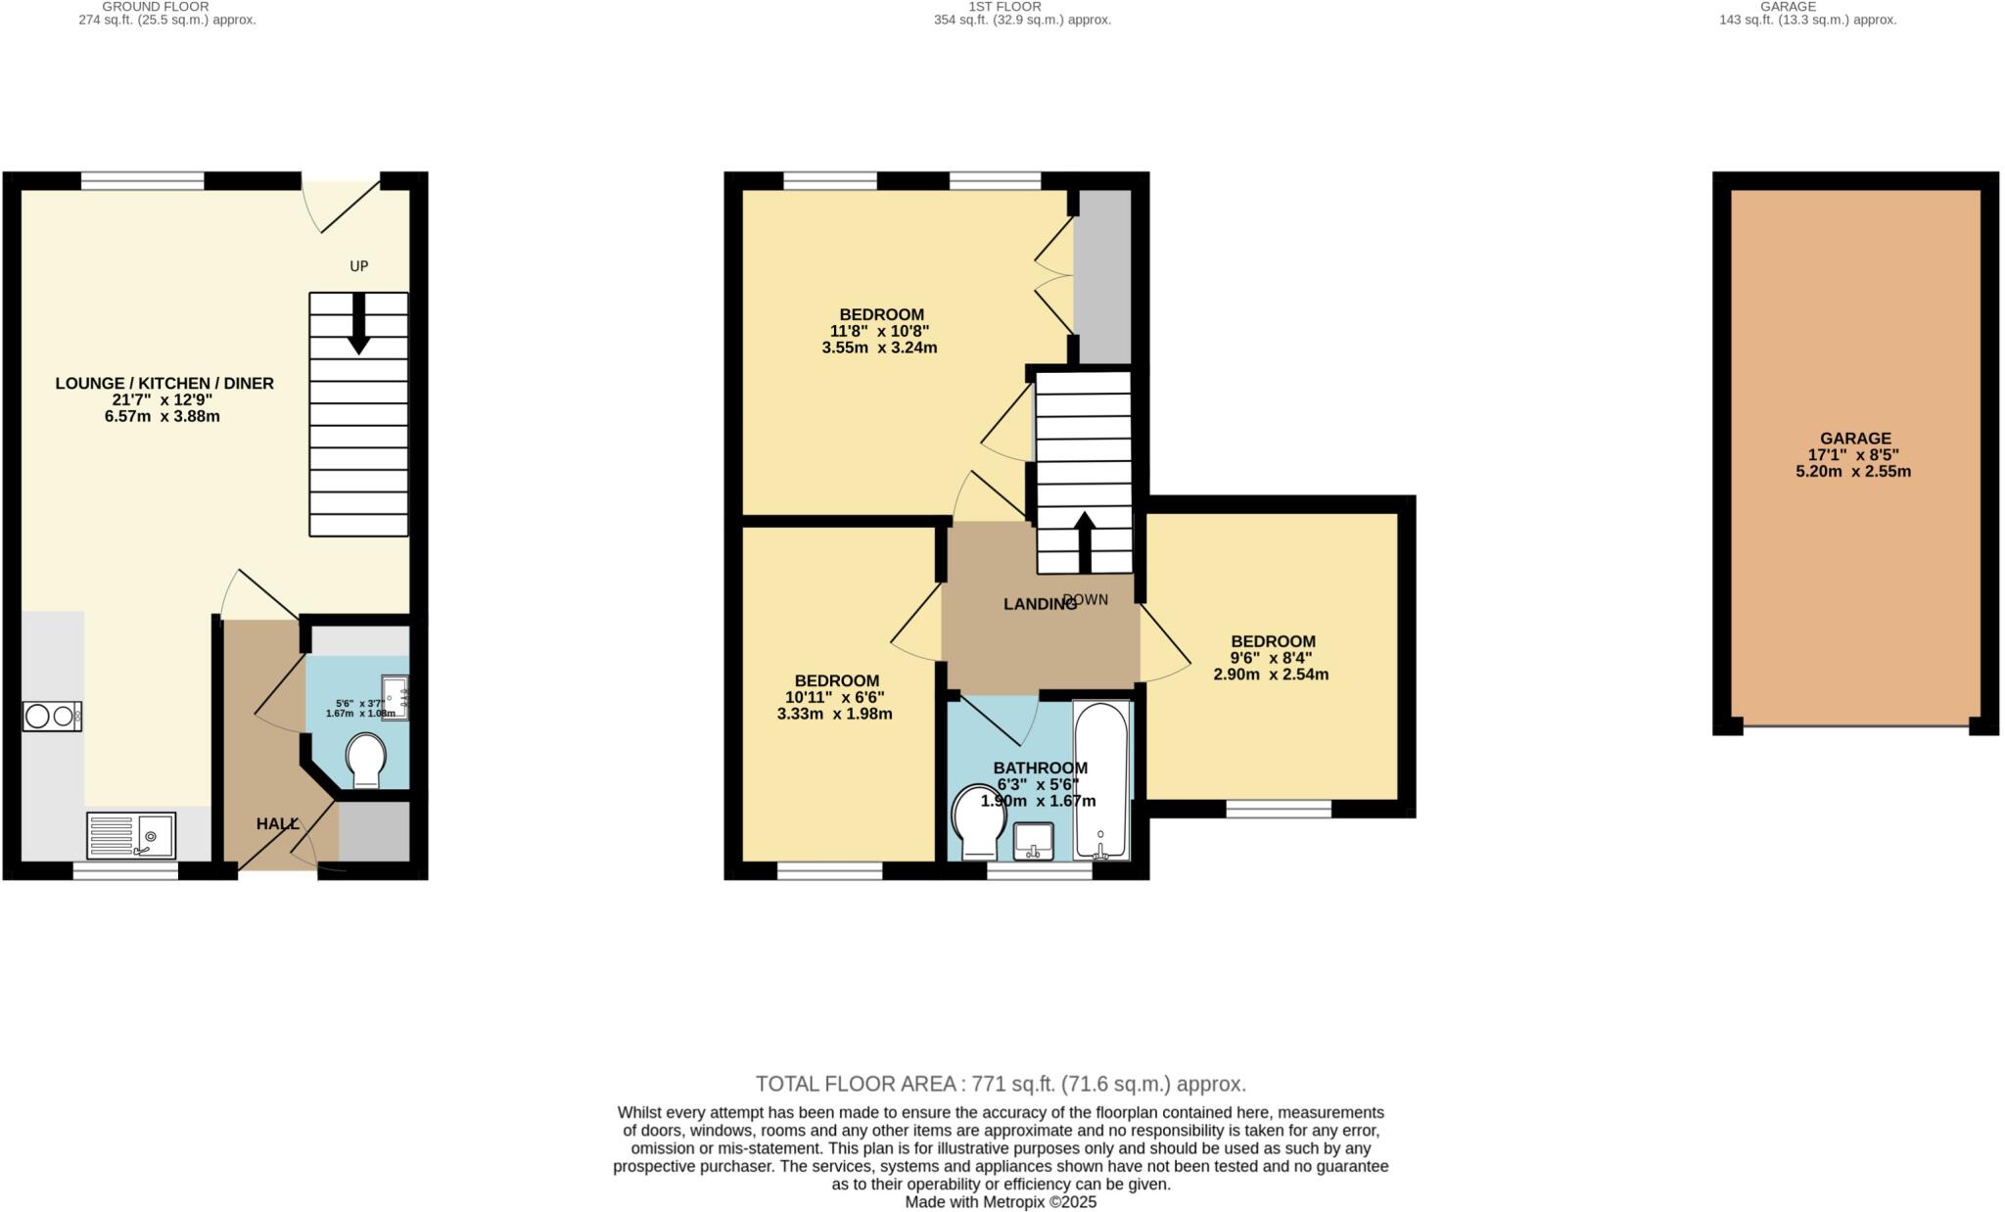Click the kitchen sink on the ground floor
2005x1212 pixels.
pyautogui.click(x=130, y=836)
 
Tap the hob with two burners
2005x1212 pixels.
pyautogui.click(x=52, y=717)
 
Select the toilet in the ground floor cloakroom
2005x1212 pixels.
pyautogui.click(x=366, y=761)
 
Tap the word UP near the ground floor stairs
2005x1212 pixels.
pyautogui.click(x=359, y=266)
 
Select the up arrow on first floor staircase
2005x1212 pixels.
pyautogui.click(x=1085, y=541)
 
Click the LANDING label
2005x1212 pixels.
pyautogui.click(x=1039, y=605)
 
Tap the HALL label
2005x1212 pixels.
pyautogui.click(x=277, y=824)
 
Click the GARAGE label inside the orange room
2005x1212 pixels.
pyautogui.click(x=1855, y=439)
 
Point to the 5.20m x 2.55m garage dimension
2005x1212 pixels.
pyautogui.click(x=1852, y=472)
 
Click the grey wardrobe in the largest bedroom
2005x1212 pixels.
pyautogui.click(x=1102, y=276)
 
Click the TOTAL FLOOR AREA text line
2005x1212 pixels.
pyautogui.click(x=1001, y=1084)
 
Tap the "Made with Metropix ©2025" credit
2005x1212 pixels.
pyautogui.click(x=1001, y=1202)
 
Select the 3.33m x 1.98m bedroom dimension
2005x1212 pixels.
pyautogui.click(x=834, y=714)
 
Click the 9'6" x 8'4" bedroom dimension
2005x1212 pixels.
pyautogui.click(x=1271, y=659)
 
